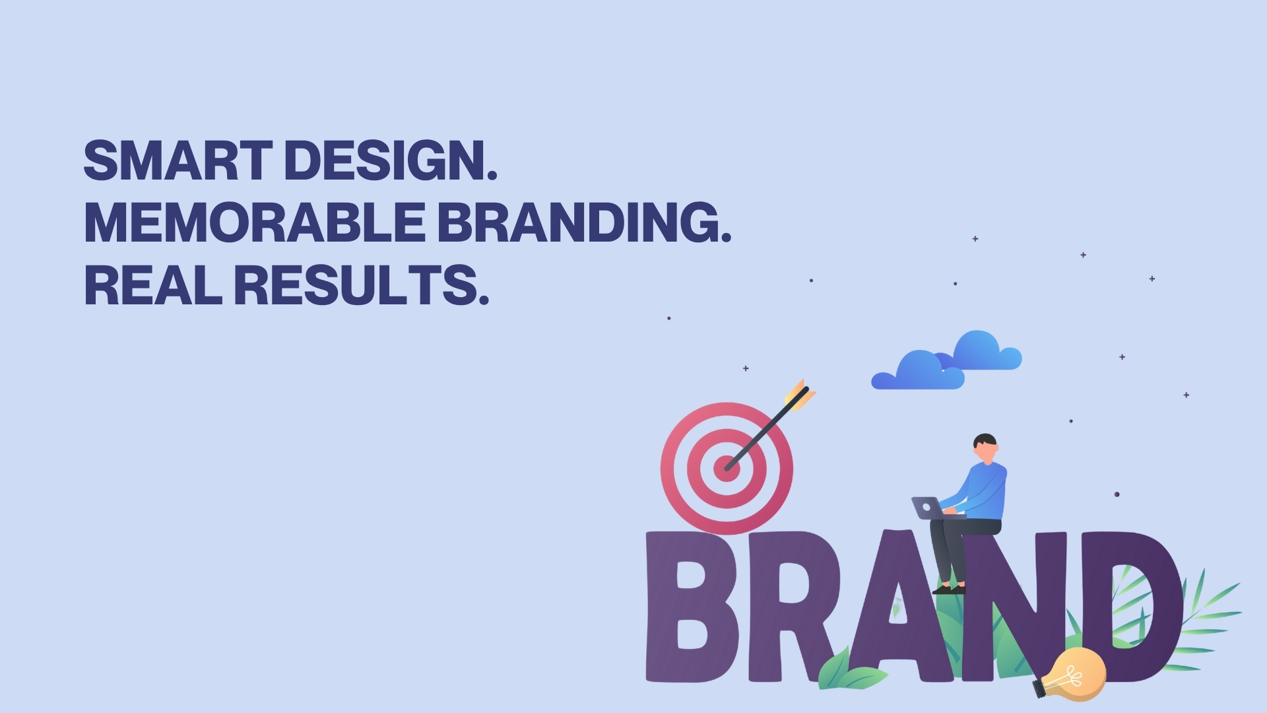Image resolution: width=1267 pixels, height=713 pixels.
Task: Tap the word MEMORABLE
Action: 255,222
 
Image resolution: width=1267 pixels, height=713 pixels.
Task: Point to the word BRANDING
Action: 585,222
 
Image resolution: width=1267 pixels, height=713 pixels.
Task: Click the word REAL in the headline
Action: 153,285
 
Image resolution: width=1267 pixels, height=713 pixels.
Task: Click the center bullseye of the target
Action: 727,468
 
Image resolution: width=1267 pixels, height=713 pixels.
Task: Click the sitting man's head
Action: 985,449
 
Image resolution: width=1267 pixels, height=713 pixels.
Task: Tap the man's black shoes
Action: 949,588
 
